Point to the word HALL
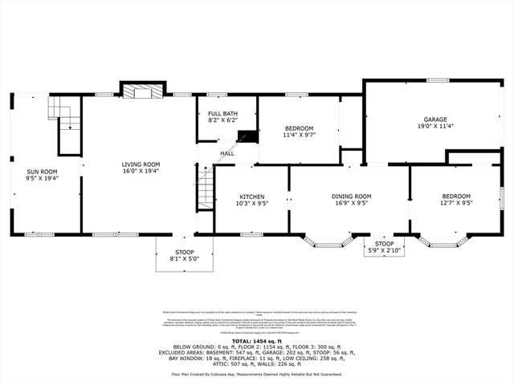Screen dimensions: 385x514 click(227, 153)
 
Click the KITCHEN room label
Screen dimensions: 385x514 click(251, 197)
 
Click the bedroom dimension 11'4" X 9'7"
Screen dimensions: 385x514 click(298, 135)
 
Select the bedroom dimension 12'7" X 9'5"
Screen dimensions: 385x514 click(456, 203)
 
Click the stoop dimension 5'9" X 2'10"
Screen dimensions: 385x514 click(385, 249)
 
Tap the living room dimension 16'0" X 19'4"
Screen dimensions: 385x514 click(141, 171)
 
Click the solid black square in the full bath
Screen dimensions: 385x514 click(248, 136)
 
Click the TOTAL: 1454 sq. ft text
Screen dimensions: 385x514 click(256, 341)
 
